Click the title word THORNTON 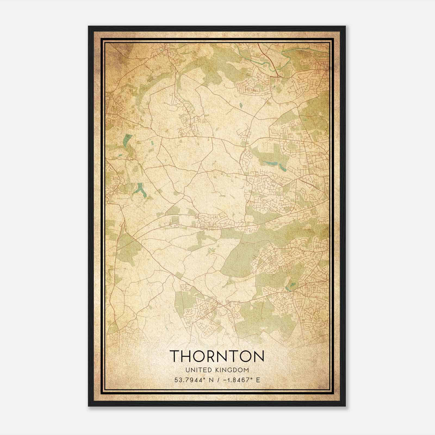tap(217, 356)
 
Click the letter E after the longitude tap(258, 380)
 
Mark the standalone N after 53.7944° tap(210, 380)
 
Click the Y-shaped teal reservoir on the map tap(141, 189)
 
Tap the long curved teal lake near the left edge tap(126, 141)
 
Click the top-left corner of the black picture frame tap(89, 27)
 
